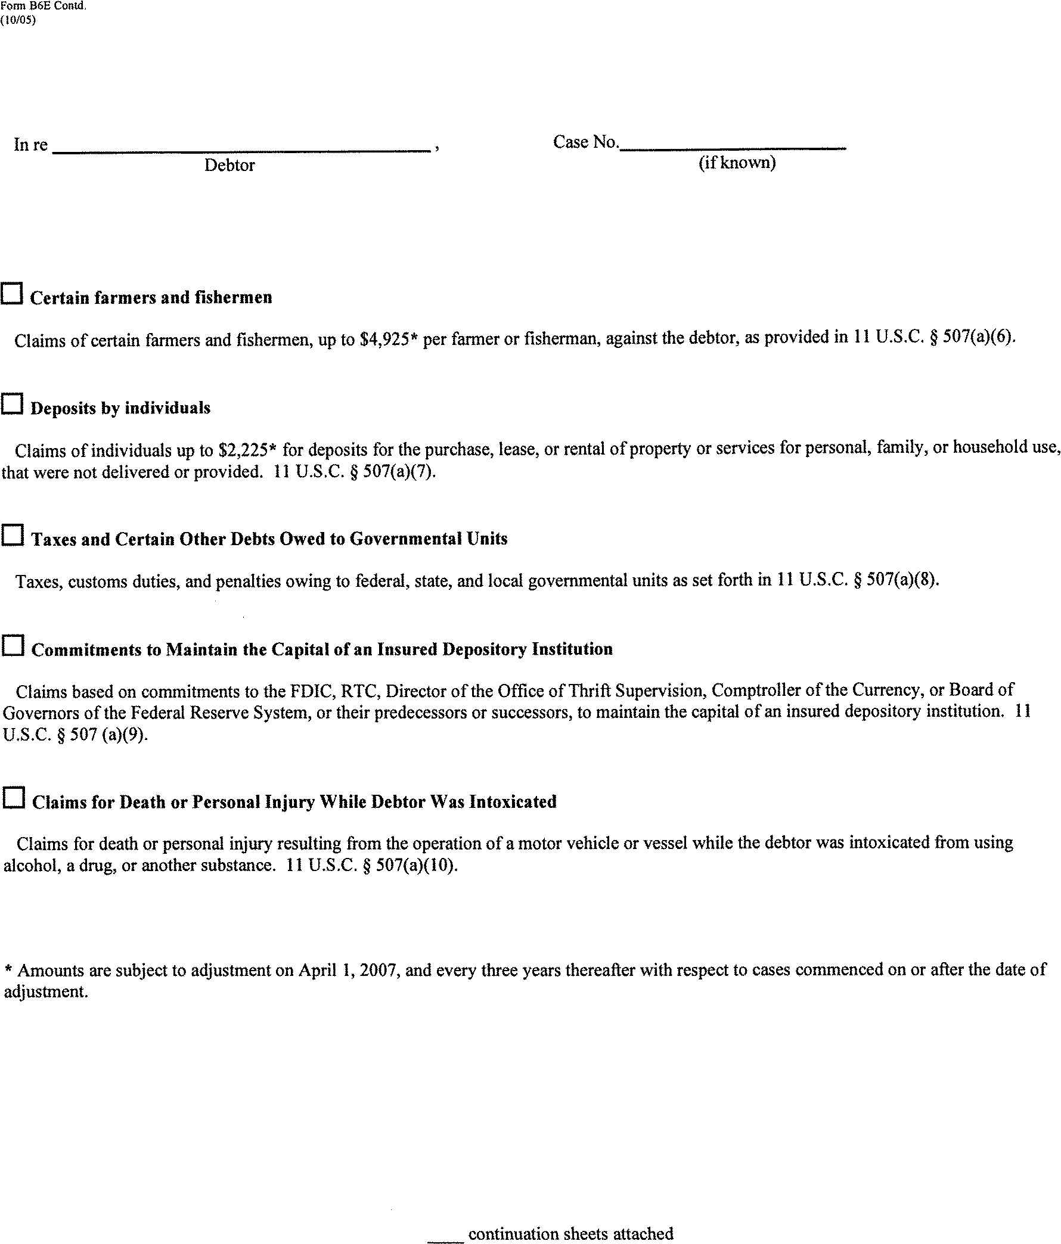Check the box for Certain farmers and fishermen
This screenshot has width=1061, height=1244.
[12, 294]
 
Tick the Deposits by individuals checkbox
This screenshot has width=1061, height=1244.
[12, 404]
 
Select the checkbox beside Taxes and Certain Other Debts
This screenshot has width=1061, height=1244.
[13, 535]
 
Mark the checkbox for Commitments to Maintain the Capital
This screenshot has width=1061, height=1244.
[13, 646]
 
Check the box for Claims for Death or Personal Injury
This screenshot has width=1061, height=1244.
[14, 798]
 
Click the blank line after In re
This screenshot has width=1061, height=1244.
[240, 149]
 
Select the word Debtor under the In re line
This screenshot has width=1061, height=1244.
[229, 166]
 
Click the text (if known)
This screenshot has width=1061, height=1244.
[737, 163]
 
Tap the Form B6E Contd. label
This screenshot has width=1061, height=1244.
[44, 6]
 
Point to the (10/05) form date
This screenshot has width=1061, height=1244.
[18, 20]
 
